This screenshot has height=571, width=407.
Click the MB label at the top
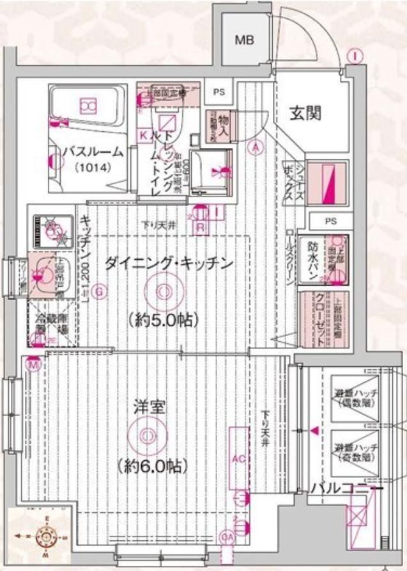pos(244,40)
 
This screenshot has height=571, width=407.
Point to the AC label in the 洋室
pos(239,459)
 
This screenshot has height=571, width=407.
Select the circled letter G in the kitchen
pos(98,293)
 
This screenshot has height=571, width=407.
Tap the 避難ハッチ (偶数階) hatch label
pos(356,398)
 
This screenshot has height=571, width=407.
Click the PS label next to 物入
pos(219,92)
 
